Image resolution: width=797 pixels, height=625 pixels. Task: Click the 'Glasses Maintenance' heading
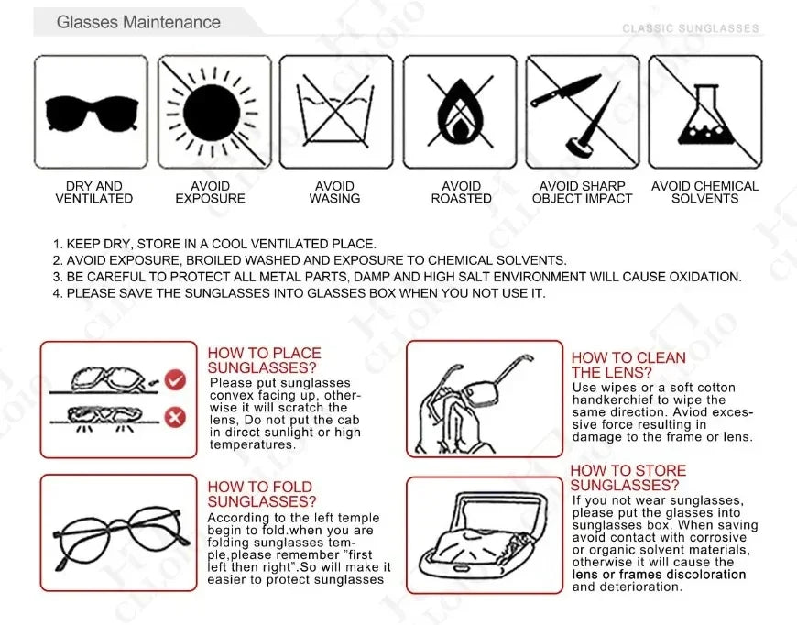pos(138,22)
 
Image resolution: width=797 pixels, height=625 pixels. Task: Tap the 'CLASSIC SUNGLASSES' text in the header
pos(691,28)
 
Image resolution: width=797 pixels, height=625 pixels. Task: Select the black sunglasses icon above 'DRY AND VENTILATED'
pos(91,112)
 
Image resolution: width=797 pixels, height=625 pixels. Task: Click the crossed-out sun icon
pos(213,112)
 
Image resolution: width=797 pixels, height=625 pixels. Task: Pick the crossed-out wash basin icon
pos(335,112)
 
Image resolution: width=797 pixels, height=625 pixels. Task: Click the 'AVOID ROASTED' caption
pos(461,192)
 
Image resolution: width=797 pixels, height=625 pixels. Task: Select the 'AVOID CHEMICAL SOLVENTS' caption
pos(704,192)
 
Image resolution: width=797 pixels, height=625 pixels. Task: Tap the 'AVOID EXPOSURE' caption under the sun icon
pos(211,192)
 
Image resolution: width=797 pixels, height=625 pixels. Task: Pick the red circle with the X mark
pos(174,418)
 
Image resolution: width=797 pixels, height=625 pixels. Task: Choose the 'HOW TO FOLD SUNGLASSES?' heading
pos(261,494)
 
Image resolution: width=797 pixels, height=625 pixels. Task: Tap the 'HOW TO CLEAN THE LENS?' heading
pos(628,365)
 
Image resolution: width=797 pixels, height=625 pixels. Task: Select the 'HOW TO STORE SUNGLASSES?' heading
pos(628,477)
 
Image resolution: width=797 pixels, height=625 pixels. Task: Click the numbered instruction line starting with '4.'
pos(299,293)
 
